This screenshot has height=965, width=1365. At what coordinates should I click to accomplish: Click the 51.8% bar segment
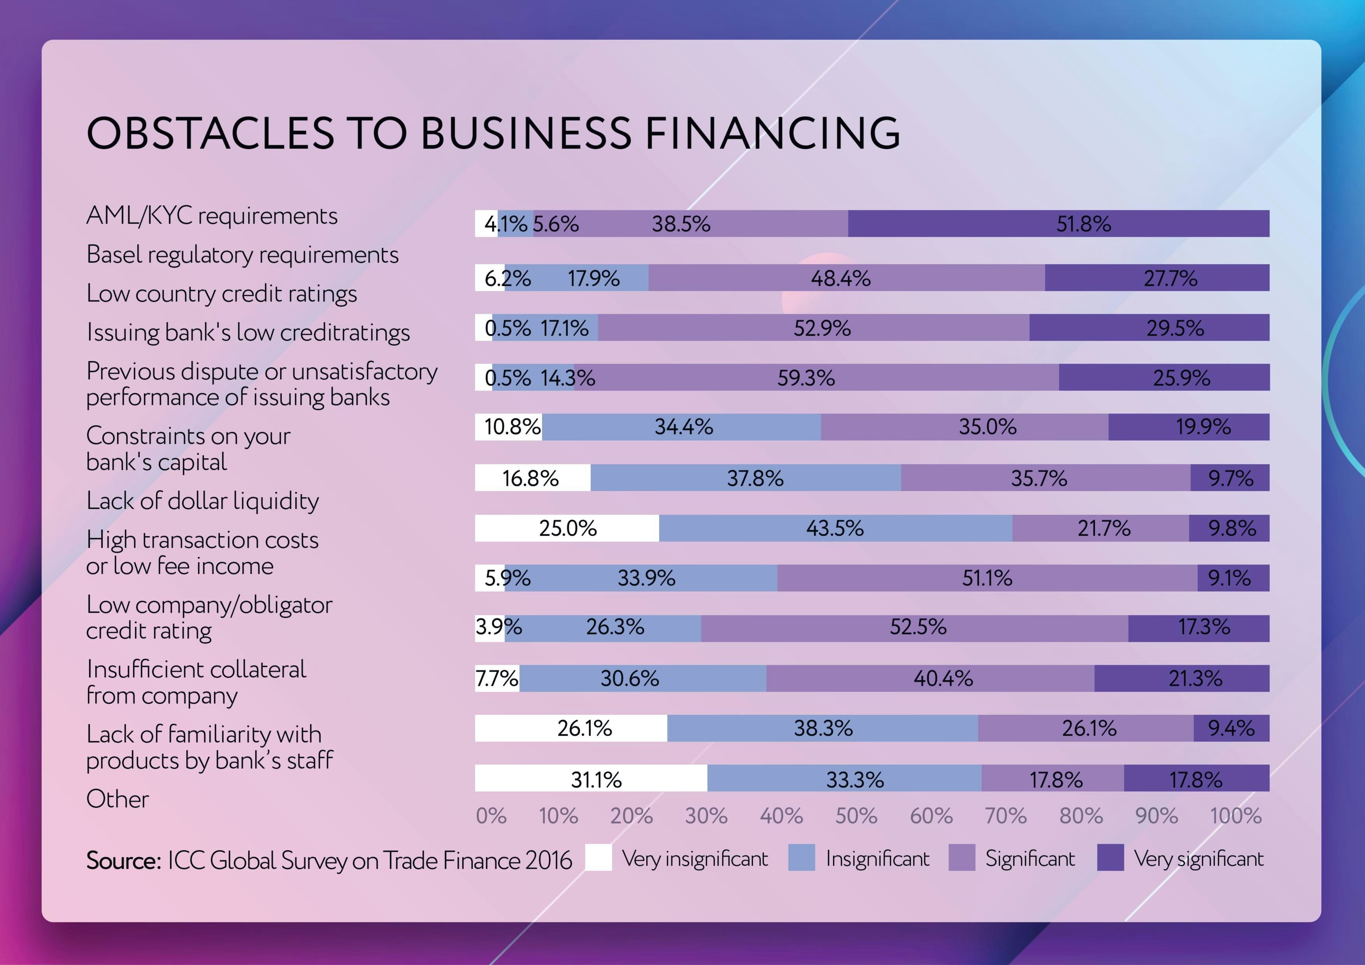point(1058,224)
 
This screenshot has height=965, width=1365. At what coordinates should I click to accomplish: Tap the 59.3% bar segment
point(816,377)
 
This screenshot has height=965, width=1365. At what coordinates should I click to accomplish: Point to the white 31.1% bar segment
point(591,778)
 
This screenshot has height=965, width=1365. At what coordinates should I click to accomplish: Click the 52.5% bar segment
point(914,628)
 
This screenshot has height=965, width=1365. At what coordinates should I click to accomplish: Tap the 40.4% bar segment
point(930,678)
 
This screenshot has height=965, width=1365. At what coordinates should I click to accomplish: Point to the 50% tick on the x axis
point(856,816)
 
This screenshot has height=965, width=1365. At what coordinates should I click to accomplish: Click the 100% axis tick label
point(1235,816)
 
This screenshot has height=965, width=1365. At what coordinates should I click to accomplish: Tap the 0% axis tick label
point(491,816)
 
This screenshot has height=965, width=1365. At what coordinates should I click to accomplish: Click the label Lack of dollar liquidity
point(202,501)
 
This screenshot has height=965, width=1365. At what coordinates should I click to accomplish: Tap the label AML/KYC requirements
point(212,215)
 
